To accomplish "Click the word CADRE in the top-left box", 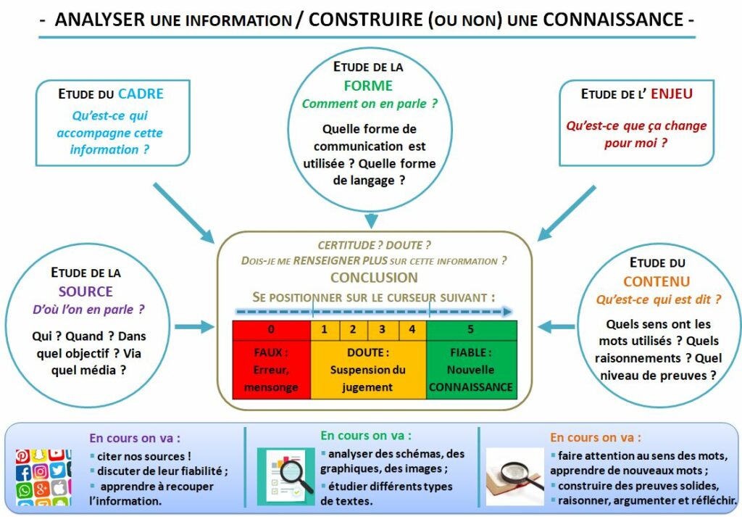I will click(141, 94).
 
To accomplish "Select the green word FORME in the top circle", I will click(368, 86).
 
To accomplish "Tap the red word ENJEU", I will click(672, 94).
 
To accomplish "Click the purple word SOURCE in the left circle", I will click(86, 291).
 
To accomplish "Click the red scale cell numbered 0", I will click(271, 329).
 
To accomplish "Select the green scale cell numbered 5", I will click(471, 329).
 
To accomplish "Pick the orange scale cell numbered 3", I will click(383, 329).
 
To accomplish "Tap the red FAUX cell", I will click(271, 370).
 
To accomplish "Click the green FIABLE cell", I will click(471, 370).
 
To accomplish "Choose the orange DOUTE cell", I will click(368, 370).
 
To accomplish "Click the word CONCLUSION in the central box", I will click(374, 278).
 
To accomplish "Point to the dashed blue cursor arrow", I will click(374, 312).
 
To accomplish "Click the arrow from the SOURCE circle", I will click(195, 328).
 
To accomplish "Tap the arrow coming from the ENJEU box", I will click(566, 212).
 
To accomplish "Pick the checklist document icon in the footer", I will click(285, 476).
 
